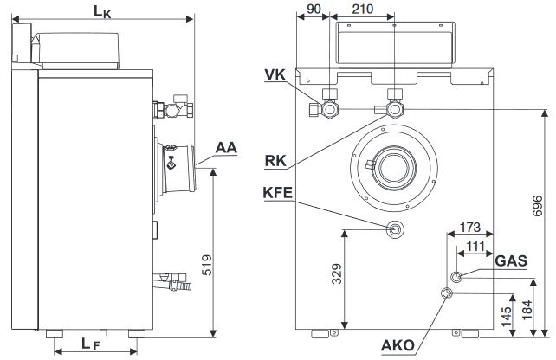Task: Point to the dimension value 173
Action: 470,228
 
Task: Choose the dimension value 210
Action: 363,9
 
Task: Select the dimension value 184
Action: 538,308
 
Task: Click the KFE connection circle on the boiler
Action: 395,230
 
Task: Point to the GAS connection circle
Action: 456,277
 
